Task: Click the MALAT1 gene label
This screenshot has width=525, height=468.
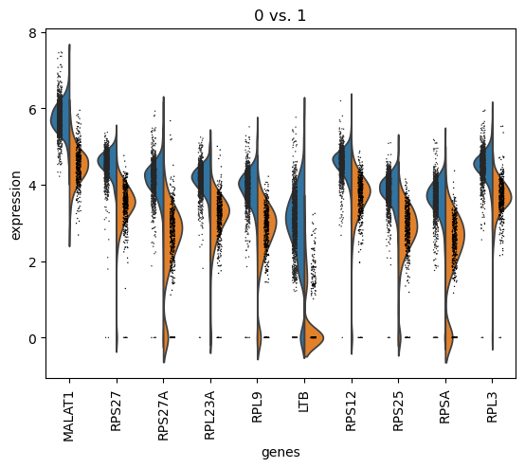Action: pyautogui.click(x=69, y=410)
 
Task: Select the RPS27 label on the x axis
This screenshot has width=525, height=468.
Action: pyautogui.click(x=117, y=407)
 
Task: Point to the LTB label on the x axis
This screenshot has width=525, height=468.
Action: pyautogui.click(x=303, y=401)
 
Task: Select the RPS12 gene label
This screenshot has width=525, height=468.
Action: pyautogui.click(x=350, y=407)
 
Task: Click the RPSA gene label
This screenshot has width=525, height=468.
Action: pyautogui.click(x=443, y=405)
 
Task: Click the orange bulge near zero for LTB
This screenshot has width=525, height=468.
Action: pyautogui.click(x=314, y=334)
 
